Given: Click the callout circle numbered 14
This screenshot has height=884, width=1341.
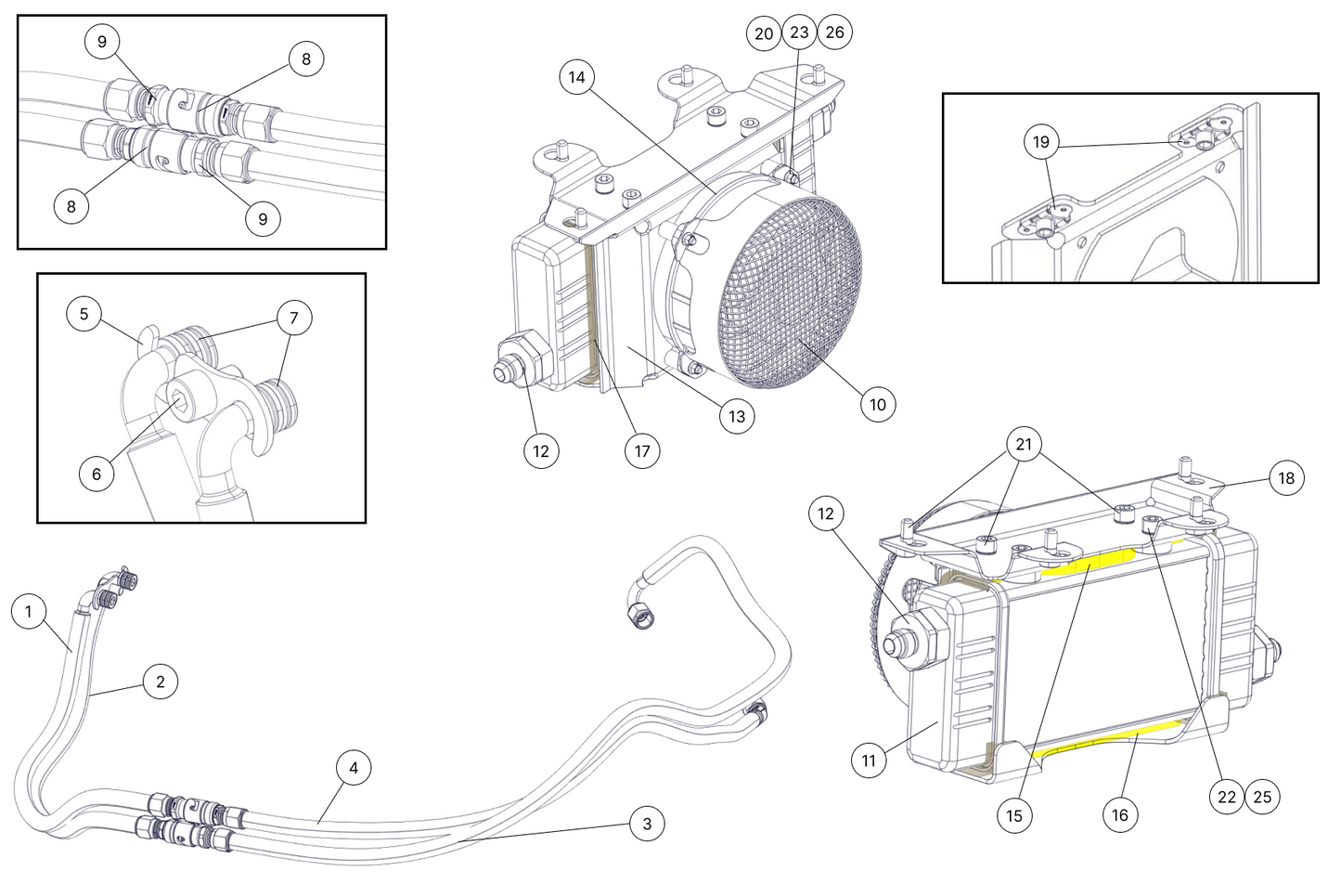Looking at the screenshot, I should coord(577,77).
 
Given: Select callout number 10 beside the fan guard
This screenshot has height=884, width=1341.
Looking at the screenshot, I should coord(877,404).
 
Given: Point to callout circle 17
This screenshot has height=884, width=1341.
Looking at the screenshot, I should coord(641,451).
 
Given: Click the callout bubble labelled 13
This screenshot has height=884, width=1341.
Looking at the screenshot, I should coord(736,417).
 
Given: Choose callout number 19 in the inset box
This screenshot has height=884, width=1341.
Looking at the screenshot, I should coord(1041,142).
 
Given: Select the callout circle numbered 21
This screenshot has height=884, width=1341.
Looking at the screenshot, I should coord(1024,445).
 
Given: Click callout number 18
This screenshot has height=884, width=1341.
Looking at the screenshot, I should coord(1286,478).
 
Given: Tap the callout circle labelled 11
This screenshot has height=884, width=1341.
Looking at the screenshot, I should coord(869,760).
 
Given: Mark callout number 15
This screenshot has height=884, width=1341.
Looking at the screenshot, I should coord(1014,814).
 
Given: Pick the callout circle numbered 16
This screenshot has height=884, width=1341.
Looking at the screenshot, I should coord(1120,814).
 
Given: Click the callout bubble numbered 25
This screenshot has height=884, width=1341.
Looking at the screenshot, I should coord(1262,797).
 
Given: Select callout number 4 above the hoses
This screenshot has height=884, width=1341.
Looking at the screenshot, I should coord(354,768).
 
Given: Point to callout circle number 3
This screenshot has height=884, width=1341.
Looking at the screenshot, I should coord(647,824).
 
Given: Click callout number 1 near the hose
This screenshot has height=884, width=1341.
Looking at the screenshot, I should coord(29,611).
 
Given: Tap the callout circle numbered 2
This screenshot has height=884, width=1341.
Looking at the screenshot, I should coord(161,682).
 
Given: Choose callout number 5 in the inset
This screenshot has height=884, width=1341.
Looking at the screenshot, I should coord(84,314).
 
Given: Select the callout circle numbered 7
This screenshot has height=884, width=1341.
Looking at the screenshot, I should coord(294,318).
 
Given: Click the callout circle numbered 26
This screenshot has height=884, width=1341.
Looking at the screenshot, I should coord(834,32).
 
